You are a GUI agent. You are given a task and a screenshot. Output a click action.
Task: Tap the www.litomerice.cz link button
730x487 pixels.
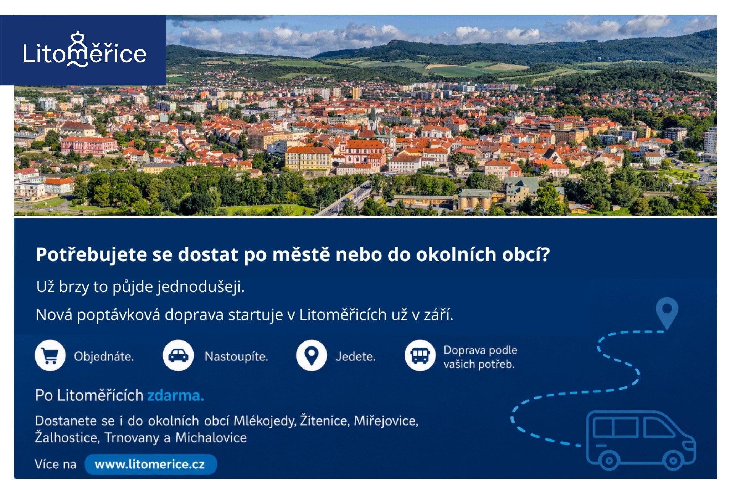[x=150, y=464]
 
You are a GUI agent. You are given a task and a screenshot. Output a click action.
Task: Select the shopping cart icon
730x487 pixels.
[x=50, y=355]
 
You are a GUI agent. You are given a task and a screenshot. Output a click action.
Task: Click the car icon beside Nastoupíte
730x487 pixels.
[x=178, y=355]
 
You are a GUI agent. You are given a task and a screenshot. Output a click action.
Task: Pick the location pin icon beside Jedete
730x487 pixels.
[x=312, y=355]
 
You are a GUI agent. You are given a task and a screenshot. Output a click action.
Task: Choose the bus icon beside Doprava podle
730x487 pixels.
[x=420, y=355]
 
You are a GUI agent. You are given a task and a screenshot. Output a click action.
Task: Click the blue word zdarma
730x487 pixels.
[x=175, y=395]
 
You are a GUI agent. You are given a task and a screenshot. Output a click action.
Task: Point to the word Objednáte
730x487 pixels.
[x=104, y=356]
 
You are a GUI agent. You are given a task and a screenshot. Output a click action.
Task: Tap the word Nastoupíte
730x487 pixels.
[x=236, y=356]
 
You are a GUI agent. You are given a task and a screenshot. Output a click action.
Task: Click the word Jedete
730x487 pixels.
[x=355, y=356]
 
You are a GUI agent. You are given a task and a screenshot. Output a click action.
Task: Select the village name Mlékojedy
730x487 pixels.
[x=264, y=421]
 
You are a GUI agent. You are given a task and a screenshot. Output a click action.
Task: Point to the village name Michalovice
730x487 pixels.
[x=211, y=437]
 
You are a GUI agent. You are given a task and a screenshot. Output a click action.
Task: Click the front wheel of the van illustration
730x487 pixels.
[x=673, y=460]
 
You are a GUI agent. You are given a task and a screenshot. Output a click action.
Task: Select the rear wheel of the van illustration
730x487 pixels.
[x=609, y=460]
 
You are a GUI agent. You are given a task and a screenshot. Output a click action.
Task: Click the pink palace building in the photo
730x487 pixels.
[x=89, y=146]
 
